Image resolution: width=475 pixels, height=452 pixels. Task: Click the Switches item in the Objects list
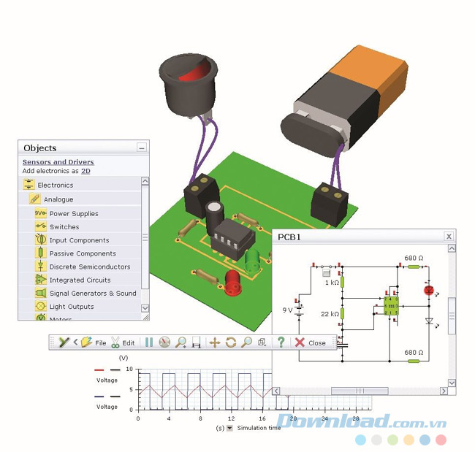(64, 227)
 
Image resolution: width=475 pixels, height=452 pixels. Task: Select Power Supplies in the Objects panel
(73, 214)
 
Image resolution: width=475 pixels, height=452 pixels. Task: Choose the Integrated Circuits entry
(80, 280)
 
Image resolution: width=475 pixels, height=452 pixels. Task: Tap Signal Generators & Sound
(92, 294)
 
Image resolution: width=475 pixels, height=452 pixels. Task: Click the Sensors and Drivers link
(58, 162)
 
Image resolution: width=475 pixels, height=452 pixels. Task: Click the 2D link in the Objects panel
(85, 171)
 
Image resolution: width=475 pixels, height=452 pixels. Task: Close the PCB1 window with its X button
(449, 237)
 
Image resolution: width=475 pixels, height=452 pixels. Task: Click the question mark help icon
(281, 342)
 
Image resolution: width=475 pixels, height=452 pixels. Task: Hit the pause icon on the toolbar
(149, 342)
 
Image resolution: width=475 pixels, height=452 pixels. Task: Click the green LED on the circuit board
(253, 260)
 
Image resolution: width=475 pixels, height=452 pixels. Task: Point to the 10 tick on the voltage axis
(129, 369)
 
